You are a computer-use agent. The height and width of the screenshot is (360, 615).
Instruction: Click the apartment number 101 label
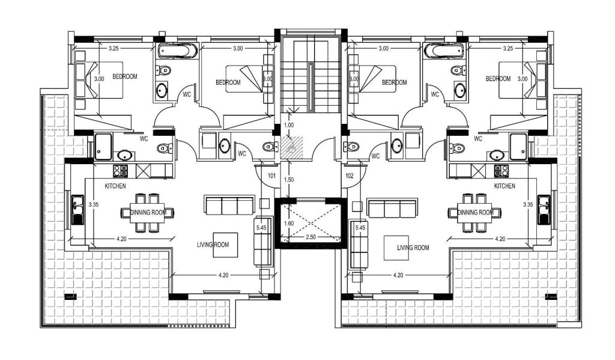272,176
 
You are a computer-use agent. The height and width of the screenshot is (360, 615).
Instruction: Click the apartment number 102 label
350,176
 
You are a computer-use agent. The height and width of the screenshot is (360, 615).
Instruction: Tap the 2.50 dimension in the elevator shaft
311,237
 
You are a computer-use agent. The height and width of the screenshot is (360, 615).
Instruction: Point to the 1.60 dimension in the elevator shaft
289,224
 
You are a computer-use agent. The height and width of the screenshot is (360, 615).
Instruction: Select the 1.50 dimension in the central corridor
289,180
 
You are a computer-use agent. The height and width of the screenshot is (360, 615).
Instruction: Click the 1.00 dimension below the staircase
289,125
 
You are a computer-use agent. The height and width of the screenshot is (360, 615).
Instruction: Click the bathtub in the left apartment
178,51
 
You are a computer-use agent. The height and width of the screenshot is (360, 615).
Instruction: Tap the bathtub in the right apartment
444,51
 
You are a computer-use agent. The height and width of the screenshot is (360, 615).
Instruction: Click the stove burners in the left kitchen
120,170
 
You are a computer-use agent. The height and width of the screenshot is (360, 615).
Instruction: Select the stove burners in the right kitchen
501,170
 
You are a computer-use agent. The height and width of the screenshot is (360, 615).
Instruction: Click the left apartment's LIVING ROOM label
213,245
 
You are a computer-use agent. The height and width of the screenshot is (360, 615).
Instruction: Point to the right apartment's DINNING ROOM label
476,212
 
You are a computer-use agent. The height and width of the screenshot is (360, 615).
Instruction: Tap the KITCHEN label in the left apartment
115,186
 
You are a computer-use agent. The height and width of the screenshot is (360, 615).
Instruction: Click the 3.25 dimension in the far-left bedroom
114,49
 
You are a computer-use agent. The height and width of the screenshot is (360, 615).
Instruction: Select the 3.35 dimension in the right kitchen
529,204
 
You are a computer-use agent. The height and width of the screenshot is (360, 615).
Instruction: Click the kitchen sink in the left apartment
77,210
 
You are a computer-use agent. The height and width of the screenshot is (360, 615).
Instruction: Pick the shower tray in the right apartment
518,147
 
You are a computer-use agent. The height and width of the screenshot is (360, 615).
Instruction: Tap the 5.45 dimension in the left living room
261,227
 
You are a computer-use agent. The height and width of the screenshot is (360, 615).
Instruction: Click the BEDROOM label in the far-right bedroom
498,79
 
